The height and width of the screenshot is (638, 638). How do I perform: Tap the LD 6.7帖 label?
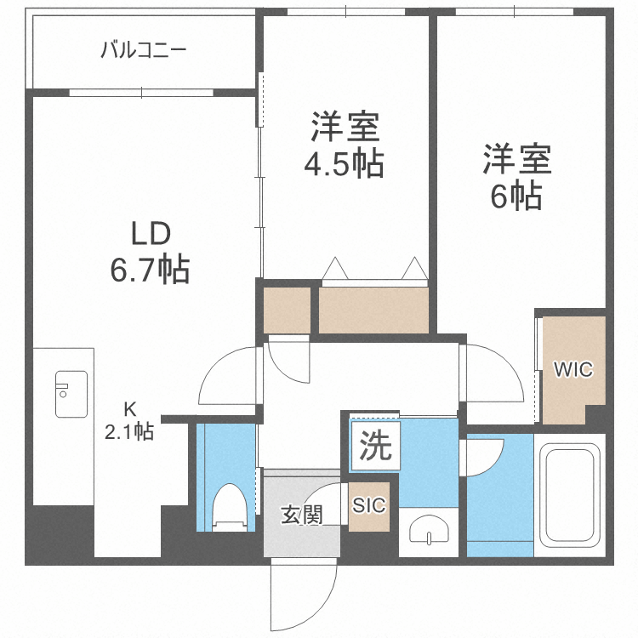tap(150, 252)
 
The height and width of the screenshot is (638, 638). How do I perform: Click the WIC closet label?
tap(573, 370)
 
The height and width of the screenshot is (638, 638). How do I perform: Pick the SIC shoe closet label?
tap(369, 505)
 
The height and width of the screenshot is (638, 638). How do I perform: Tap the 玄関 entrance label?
tap(302, 515)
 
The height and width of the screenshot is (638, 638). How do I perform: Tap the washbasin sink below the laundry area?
tap(430, 531)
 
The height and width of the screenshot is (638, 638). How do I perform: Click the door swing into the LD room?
tap(228, 374)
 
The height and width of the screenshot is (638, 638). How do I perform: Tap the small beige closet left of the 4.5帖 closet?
tap(287, 310)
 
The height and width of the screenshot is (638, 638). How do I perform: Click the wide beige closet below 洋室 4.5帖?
tap(373, 310)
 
